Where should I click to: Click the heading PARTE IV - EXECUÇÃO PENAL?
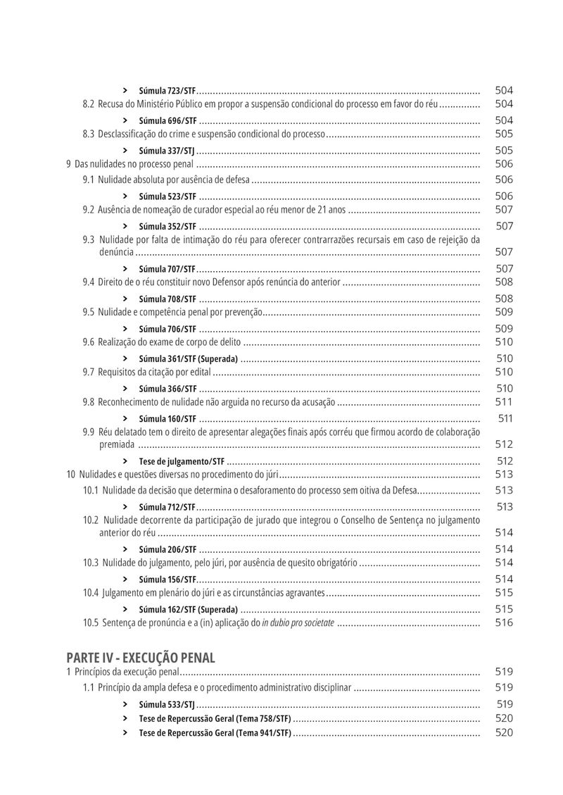(x=141, y=658)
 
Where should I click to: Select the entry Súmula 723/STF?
(x=167, y=91)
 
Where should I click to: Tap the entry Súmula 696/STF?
(x=167, y=121)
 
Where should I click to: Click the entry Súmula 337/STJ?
(x=167, y=151)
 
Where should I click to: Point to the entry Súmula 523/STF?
(x=167, y=196)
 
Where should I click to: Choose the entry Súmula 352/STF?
(x=167, y=227)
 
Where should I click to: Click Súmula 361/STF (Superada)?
(x=189, y=359)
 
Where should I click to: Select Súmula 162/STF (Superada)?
(x=189, y=610)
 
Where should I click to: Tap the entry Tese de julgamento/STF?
(x=182, y=462)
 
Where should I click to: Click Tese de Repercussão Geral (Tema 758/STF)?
(x=215, y=719)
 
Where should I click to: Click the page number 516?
(x=504, y=622)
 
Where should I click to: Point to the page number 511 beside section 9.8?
(x=504, y=402)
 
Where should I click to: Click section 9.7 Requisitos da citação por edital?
(x=146, y=373)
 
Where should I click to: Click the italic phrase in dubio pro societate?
(x=298, y=623)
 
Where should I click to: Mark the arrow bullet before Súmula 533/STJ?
(x=125, y=704)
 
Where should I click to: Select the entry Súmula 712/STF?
(x=167, y=508)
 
